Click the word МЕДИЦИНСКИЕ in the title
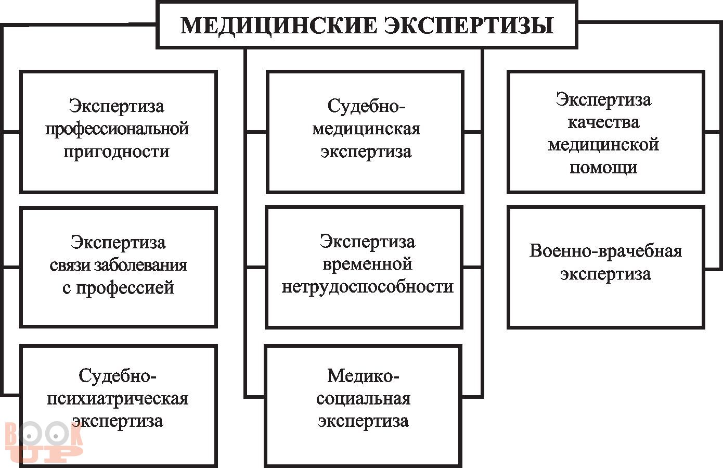(x=278, y=25)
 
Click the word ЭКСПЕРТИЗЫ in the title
(x=469, y=25)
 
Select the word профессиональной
(x=117, y=129)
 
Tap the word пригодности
(x=117, y=151)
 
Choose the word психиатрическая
(x=118, y=399)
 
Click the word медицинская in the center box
(x=366, y=129)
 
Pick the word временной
(x=367, y=264)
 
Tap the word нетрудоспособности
(x=367, y=286)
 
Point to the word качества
(x=603, y=122)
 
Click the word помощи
(x=603, y=168)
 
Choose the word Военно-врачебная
(x=605, y=251)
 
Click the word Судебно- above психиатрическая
(x=118, y=375)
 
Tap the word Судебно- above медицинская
(x=366, y=106)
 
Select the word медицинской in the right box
(x=603, y=145)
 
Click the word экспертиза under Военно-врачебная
(x=605, y=274)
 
